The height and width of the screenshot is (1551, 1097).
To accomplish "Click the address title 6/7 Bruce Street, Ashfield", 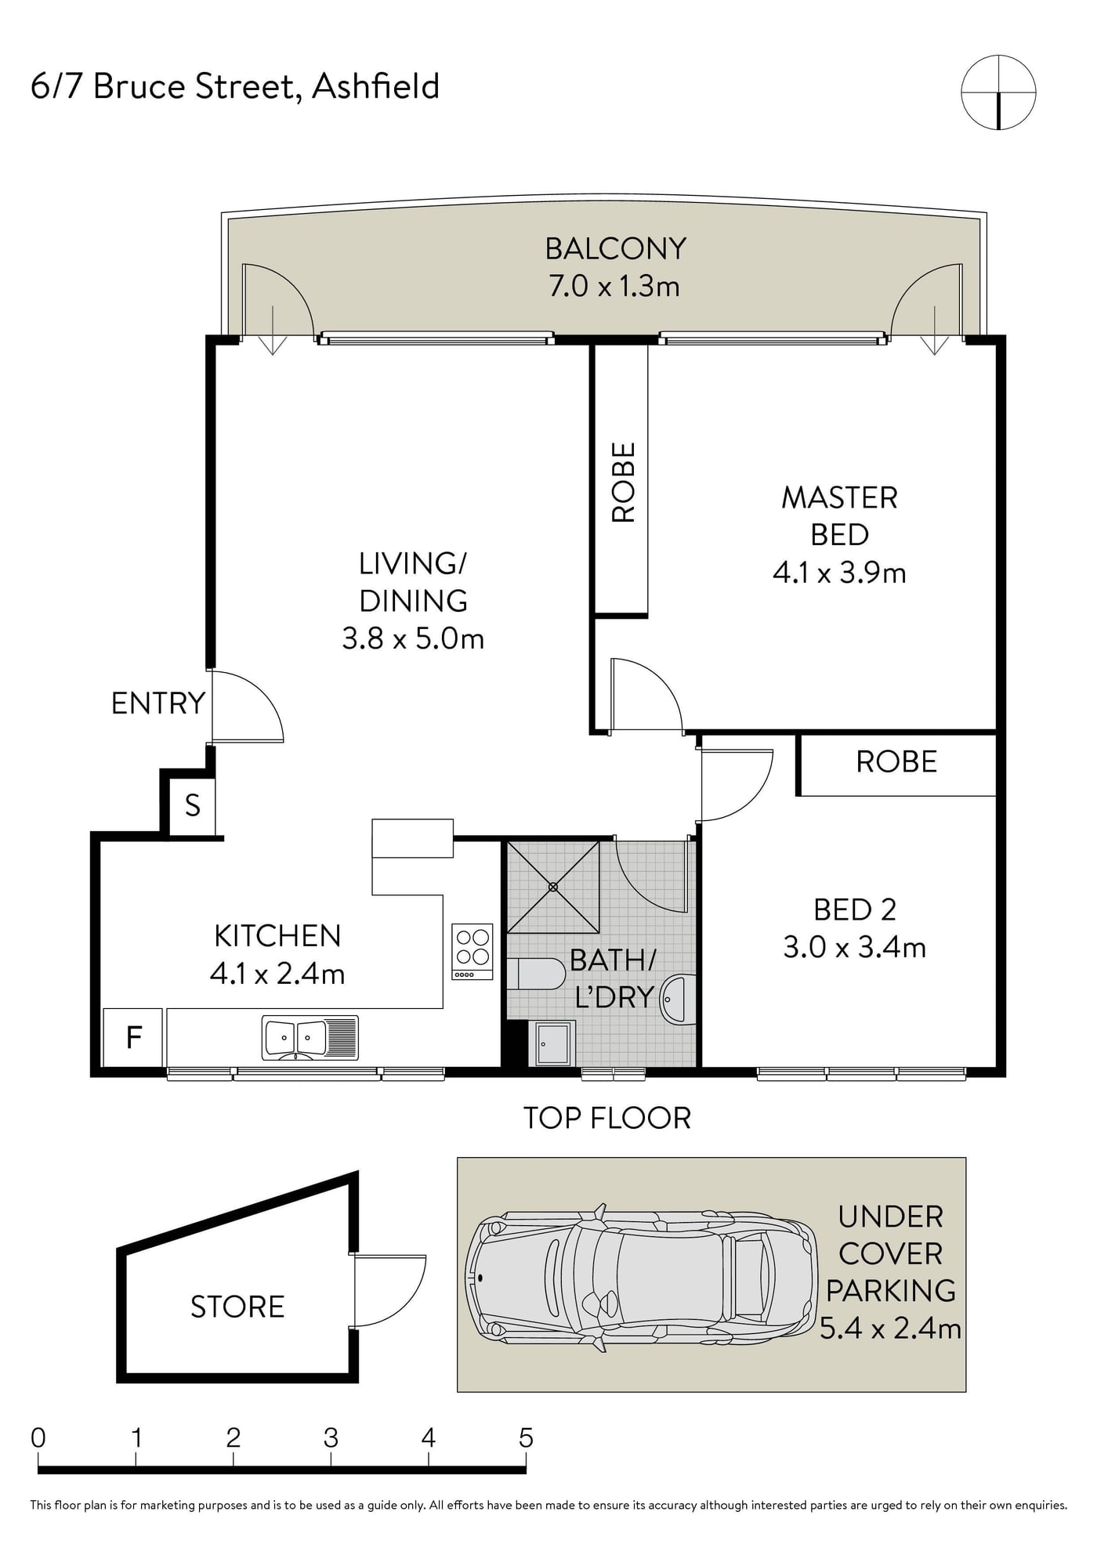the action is point(235,86).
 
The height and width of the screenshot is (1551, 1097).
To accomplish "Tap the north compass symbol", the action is point(998,92).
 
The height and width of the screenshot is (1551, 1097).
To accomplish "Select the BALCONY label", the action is point(616,249).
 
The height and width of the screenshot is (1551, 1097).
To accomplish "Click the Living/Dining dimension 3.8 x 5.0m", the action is point(413,638).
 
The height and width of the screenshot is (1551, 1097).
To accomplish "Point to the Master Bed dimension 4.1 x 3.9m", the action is point(839,573).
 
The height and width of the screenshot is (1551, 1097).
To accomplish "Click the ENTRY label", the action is point(158,703).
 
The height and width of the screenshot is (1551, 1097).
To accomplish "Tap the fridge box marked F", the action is point(133,1037).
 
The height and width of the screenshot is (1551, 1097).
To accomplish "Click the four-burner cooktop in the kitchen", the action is point(472,952).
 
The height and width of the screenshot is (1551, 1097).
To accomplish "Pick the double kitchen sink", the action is point(310,1038).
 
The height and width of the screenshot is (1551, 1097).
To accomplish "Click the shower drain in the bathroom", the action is point(553,887).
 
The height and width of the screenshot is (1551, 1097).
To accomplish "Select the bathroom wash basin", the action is point(678,999).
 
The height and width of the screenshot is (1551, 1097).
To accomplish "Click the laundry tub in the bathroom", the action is point(553,1043).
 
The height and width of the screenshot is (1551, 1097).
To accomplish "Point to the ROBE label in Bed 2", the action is point(896,762).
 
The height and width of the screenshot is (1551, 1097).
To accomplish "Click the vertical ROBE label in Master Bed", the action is point(624,483).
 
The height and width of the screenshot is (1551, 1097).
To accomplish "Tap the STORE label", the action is point(237,1307).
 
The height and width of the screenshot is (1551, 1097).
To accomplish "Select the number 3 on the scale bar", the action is point(331,1437).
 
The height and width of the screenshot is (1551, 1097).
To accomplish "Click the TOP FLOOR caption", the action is point(607,1118).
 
